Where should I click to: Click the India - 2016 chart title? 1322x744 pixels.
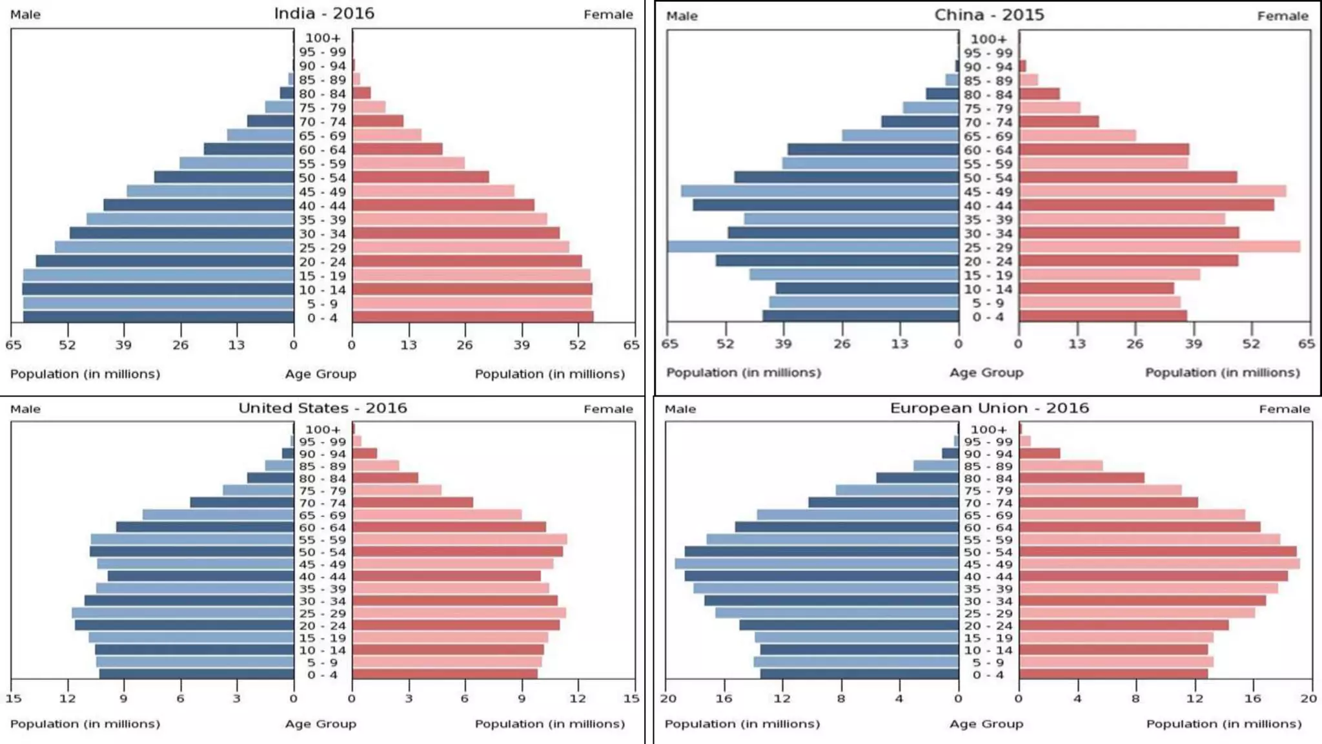324,14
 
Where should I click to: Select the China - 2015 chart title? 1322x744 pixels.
989,15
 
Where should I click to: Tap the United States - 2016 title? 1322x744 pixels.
323,408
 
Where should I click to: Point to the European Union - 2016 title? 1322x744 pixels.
989,408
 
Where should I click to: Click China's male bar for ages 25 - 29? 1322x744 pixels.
813,247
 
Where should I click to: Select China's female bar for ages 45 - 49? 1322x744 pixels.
1152,191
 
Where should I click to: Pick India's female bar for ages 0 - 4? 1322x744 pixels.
473,317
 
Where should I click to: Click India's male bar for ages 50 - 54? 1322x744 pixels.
224,177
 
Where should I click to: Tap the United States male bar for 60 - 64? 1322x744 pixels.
205,527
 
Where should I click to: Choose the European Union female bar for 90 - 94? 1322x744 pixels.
1040,453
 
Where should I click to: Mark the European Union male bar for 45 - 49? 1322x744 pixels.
817,564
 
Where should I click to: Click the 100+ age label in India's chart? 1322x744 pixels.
322,38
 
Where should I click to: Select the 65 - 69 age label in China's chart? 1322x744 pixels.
988,136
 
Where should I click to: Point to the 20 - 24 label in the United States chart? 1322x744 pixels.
322,625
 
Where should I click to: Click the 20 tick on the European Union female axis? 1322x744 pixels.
1308,698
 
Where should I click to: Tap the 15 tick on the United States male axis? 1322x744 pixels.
14,698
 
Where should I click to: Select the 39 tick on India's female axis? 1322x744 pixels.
522,345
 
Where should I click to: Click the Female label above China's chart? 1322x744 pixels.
1282,15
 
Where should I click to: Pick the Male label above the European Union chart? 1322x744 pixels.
680,409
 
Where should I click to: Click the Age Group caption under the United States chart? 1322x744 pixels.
321,724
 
